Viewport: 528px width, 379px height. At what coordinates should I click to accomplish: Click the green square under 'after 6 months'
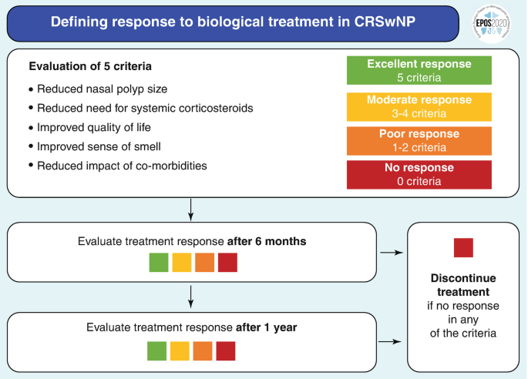159,262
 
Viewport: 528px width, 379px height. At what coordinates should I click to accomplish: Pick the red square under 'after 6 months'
227,262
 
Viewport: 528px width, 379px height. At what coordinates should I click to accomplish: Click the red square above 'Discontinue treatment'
462,248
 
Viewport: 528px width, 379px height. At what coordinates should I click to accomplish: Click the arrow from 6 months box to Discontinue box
391,252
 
